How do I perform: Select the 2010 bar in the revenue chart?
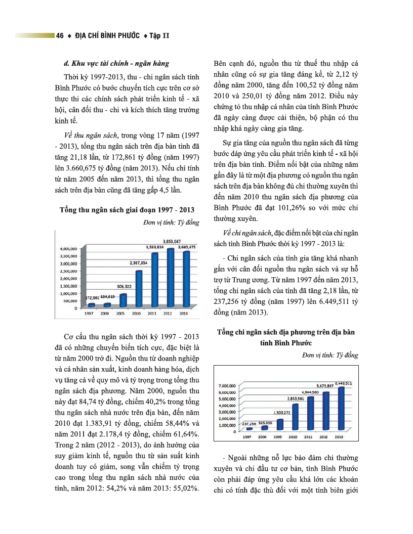coord(139,288)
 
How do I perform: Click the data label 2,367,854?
coord(138,263)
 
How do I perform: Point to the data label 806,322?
coord(124,286)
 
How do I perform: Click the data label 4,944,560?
coord(309,392)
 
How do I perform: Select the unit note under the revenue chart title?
coord(172,223)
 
